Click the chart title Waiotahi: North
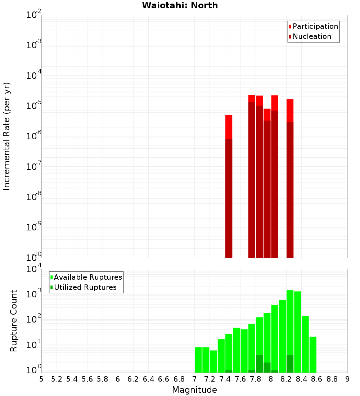pyautogui.click(x=180, y=5)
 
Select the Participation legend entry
pyautogui.click(x=315, y=26)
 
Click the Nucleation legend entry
pyautogui.click(x=311, y=36)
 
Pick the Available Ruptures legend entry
pyautogui.click(x=87, y=277)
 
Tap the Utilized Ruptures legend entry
pyautogui.click(x=85, y=287)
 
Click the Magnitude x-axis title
pyautogui.click(x=194, y=390)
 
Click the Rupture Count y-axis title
pyautogui.click(x=14, y=320)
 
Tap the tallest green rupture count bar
pyautogui.click(x=290, y=331)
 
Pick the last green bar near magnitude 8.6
pyautogui.click(x=313, y=355)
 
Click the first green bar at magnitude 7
pyautogui.click(x=198, y=360)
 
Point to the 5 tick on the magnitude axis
pyautogui.click(x=41, y=379)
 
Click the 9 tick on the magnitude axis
pyautogui.click(x=347, y=379)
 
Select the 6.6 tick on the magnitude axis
pyautogui.click(x=164, y=379)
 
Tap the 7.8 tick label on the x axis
pyautogui.click(x=256, y=379)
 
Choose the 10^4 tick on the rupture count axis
pyautogui.click(x=35, y=269)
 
